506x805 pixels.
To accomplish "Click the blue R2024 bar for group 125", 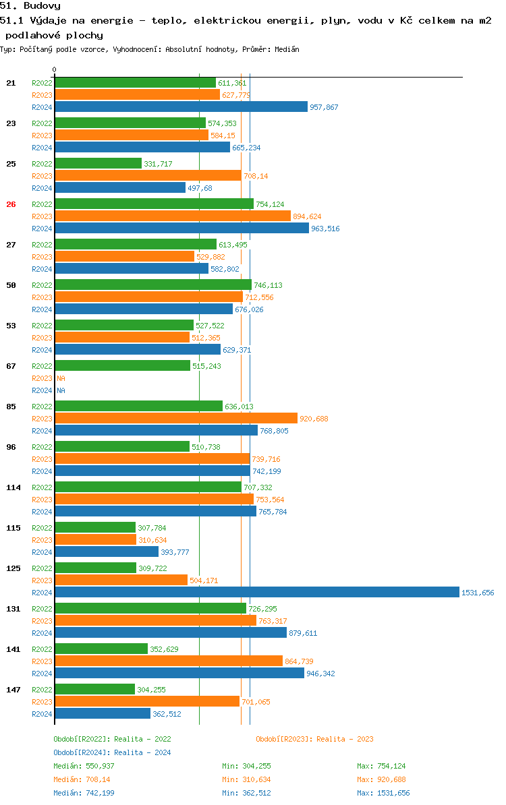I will point(256,592).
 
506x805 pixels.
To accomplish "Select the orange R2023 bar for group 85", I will point(175,418).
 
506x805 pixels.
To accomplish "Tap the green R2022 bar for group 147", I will point(94,689).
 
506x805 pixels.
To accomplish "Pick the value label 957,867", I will point(324,107).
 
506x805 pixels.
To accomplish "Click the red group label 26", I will point(11,204).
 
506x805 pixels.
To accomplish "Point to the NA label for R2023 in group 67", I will point(61,378).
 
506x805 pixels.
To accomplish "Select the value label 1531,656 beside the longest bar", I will point(478,593).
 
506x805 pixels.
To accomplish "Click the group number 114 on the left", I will point(13,487).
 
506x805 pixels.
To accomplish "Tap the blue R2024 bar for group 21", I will point(181,107).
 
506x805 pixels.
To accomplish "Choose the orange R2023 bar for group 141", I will point(168,661).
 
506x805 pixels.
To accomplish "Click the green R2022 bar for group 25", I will point(98,163).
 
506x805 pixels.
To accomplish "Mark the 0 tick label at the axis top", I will point(55,69).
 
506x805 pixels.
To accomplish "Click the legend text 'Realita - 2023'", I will point(345,739).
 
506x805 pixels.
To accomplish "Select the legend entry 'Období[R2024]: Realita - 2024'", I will point(112,752).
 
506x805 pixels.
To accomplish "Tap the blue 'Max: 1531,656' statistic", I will point(383,793).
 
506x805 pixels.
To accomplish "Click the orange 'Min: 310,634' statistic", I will point(246,779).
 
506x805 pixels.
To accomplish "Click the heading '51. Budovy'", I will point(30,6).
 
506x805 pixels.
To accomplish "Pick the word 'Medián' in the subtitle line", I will point(287,49).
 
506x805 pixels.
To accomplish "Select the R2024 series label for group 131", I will point(42,633).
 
